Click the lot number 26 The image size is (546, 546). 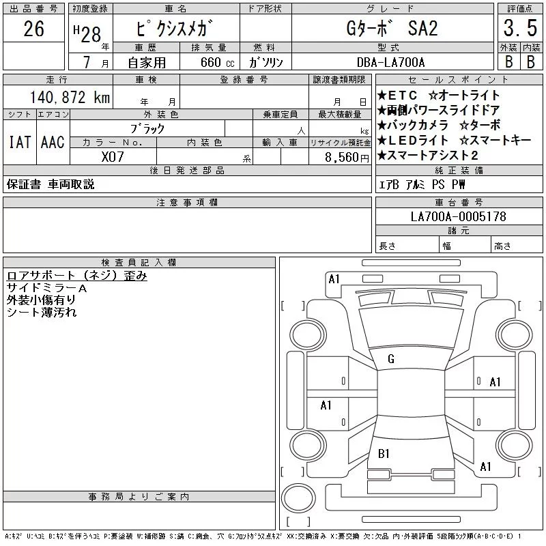click(33, 29)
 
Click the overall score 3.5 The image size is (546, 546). click(520, 28)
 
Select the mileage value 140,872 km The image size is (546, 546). click(70, 97)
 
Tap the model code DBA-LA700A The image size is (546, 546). click(390, 62)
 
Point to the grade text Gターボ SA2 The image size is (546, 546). click(392, 28)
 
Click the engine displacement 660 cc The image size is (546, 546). click(217, 62)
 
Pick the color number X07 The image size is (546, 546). click(113, 157)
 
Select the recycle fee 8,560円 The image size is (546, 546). click(347, 158)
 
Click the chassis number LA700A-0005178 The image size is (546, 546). click(458, 216)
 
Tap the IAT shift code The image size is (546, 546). click(20, 142)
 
